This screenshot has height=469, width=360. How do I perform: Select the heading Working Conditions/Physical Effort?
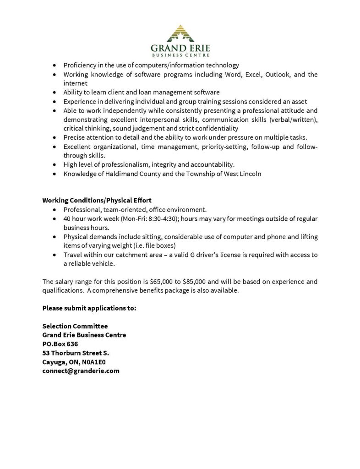(97, 200)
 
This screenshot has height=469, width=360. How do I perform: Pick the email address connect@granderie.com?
(81, 371)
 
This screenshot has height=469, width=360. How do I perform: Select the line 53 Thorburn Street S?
(76, 353)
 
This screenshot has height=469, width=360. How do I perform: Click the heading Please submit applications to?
(89, 308)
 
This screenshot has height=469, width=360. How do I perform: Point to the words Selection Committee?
(75, 326)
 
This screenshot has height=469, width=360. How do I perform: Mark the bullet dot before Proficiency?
(55, 65)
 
